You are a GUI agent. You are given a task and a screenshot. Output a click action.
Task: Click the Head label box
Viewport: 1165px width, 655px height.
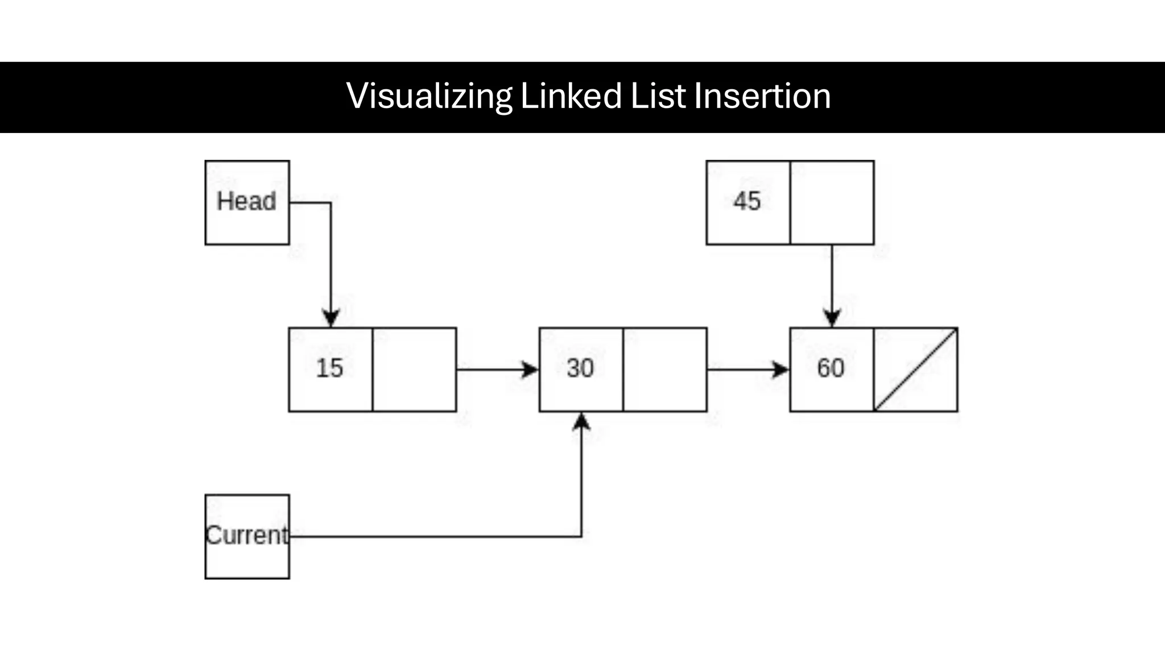pyautogui.click(x=247, y=202)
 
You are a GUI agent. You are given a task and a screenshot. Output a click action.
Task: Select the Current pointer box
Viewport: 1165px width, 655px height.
pyautogui.click(x=247, y=536)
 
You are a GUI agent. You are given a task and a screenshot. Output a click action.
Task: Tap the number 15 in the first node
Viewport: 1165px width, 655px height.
pyautogui.click(x=330, y=368)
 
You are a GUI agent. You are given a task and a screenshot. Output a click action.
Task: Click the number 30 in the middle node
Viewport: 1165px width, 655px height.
pyautogui.click(x=580, y=368)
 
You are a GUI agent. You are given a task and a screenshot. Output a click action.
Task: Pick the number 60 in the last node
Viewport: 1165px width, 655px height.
pyautogui.click(x=831, y=368)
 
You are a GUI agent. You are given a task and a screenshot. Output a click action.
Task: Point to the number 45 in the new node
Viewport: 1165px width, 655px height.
pyautogui.click(x=747, y=201)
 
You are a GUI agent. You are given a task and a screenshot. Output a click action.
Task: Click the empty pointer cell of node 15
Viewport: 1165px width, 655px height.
pyautogui.click(x=414, y=370)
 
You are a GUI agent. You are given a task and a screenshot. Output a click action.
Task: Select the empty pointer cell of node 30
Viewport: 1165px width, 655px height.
pyautogui.click(x=665, y=370)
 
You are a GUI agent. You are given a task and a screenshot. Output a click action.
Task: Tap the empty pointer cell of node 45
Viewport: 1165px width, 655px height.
pyautogui.click(x=832, y=202)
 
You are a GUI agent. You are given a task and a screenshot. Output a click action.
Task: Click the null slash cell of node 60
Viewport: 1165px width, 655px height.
pyautogui.click(x=916, y=370)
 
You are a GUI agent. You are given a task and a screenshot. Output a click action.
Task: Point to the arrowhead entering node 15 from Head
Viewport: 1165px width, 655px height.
pyautogui.click(x=331, y=318)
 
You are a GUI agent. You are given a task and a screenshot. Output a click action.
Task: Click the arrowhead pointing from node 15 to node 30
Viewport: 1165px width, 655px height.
pyautogui.click(x=530, y=370)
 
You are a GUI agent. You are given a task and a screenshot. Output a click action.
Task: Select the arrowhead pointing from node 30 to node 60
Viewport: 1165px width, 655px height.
pyautogui.click(x=780, y=370)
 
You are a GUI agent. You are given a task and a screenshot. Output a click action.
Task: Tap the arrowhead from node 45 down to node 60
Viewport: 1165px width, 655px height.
pyautogui.click(x=832, y=318)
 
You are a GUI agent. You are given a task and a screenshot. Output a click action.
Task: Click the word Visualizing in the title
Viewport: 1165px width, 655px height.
pyautogui.click(x=429, y=96)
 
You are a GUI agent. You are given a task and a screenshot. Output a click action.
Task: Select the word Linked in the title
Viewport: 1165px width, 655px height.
pyautogui.click(x=571, y=96)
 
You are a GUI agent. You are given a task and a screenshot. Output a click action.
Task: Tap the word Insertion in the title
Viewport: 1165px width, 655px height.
pyautogui.click(x=762, y=96)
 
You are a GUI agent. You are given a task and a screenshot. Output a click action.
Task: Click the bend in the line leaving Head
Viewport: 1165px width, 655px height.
pyautogui.click(x=331, y=202)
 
